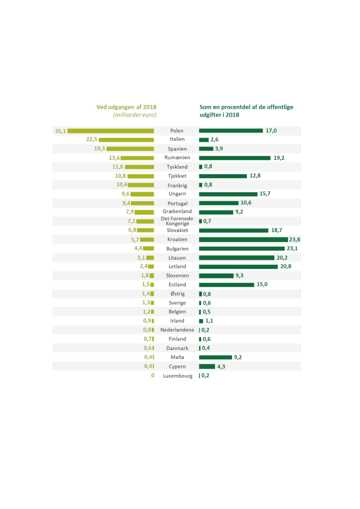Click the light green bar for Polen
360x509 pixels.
click(x=111, y=131)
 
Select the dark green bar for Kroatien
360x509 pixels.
click(x=243, y=239)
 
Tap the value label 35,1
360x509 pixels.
click(x=60, y=131)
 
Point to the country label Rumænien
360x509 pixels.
click(x=177, y=158)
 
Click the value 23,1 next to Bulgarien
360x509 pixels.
click(x=297, y=249)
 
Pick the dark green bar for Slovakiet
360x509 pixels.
click(x=233, y=230)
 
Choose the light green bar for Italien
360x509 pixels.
click(x=126, y=140)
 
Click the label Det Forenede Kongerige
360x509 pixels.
click(x=177, y=221)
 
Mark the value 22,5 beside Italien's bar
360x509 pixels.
click(x=91, y=140)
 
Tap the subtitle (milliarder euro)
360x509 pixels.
click(x=135, y=115)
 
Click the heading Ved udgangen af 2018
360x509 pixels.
click(x=126, y=107)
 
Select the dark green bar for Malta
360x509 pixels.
click(x=215, y=357)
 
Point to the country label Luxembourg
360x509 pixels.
click(x=178, y=376)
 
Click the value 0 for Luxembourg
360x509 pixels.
click(x=153, y=375)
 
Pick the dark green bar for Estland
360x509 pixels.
click(x=226, y=285)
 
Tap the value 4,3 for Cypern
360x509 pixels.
click(x=221, y=367)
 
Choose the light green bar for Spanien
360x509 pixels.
click(x=130, y=149)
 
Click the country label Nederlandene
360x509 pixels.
click(x=177, y=330)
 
